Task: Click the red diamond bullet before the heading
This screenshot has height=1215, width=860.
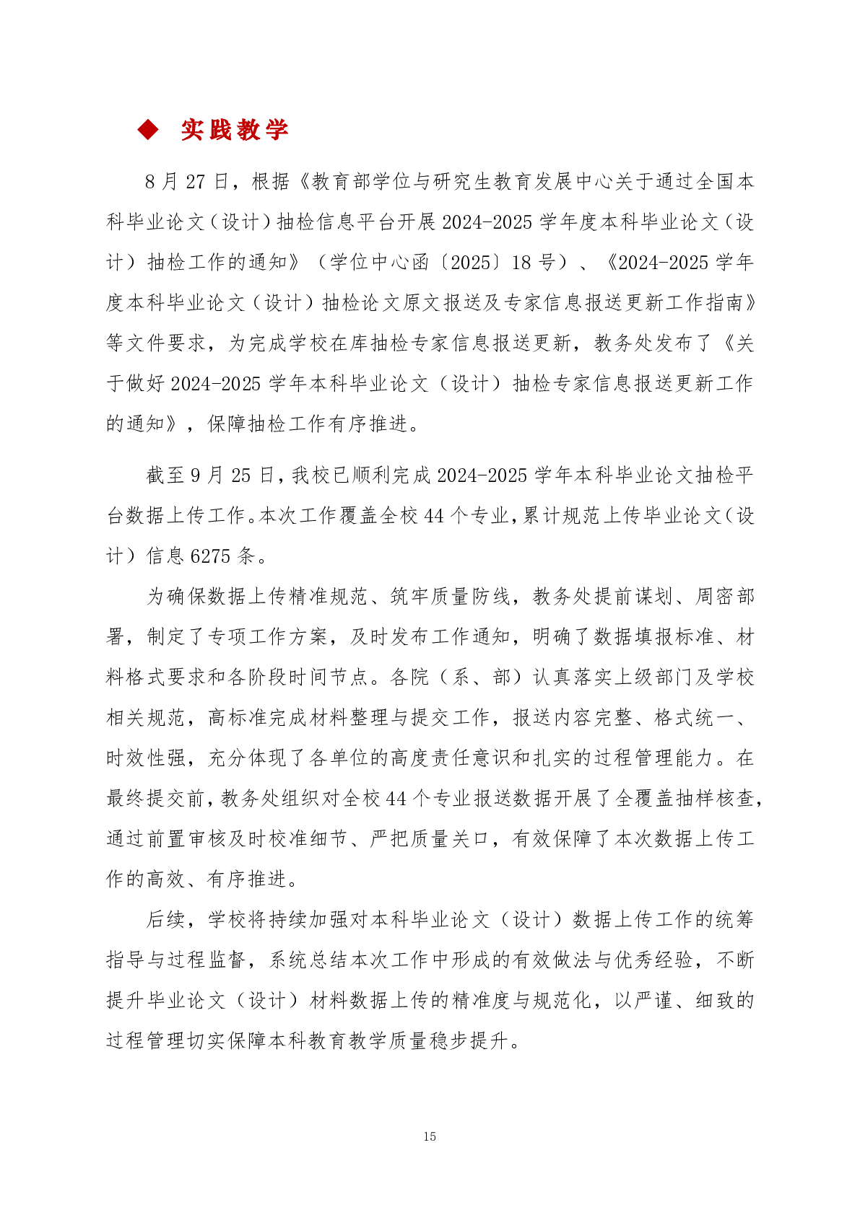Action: tap(148, 130)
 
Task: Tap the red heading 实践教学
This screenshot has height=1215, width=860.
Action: tap(235, 130)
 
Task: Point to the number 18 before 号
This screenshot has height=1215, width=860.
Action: tap(521, 262)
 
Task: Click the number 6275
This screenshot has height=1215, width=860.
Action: tap(210, 556)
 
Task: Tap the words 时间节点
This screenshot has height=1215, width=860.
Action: tap(329, 677)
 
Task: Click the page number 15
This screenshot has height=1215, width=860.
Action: tap(430, 1136)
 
